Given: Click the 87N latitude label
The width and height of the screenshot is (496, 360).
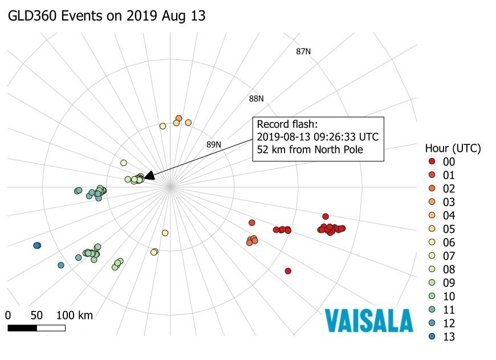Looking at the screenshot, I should click(303, 52).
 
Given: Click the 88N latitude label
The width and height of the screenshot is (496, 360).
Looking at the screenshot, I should click(257, 99).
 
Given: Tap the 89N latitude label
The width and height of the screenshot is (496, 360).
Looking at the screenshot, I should click(214, 144).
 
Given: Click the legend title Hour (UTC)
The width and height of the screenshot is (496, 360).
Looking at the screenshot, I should click(453, 148).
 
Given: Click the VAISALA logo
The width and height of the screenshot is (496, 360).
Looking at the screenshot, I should click(369, 321).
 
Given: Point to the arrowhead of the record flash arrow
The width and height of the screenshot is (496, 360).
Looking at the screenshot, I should click(147, 178).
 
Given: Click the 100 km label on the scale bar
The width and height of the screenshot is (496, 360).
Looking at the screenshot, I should click(75, 315).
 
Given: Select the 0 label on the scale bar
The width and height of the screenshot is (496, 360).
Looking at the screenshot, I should click(8, 315).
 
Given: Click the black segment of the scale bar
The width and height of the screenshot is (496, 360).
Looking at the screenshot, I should click(22, 328).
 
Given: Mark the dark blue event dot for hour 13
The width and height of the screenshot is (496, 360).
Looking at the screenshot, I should click(37, 245).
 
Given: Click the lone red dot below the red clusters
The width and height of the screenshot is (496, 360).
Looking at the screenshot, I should click(288, 271).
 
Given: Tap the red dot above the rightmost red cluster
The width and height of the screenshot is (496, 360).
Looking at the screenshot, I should click(326, 216).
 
